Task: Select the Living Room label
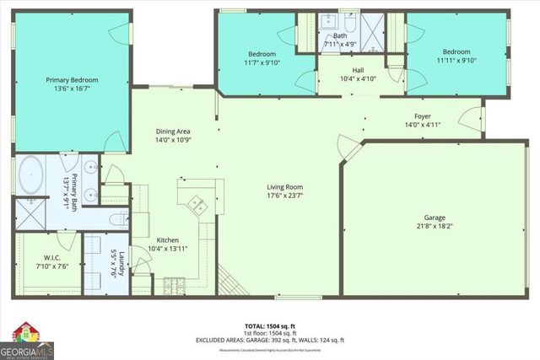pos(285,187)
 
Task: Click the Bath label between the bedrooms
pos(339,35)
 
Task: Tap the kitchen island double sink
pos(197,202)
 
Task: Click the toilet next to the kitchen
pos(119,218)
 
